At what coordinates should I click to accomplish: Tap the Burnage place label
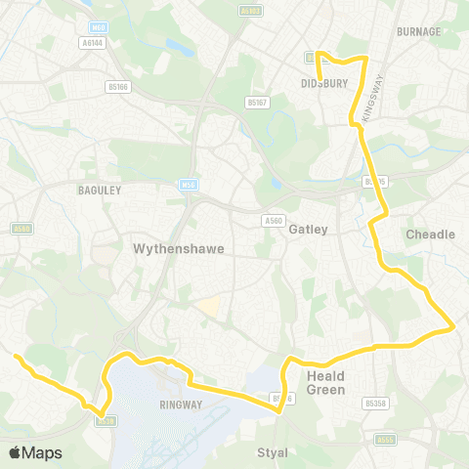coord(419,31)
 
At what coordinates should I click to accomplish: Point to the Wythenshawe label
coord(178,249)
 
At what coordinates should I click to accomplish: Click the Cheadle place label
coord(430,234)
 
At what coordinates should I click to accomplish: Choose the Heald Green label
coord(326,383)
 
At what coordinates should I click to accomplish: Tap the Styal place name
coord(273,452)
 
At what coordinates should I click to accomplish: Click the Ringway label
coord(180,404)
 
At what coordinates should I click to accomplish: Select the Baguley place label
coord(99,191)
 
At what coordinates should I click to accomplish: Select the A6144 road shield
coord(92,43)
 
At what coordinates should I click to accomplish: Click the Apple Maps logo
coord(35,452)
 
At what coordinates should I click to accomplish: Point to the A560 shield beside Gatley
coord(274,221)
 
